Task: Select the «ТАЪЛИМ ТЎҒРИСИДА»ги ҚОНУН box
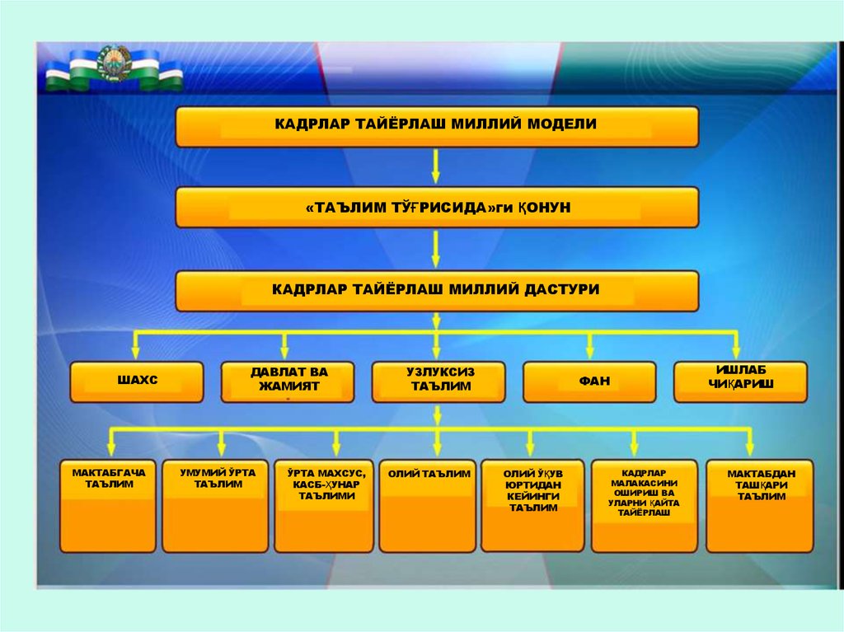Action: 437,208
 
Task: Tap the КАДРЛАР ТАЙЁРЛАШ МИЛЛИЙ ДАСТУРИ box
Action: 437,291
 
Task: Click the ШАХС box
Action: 137,382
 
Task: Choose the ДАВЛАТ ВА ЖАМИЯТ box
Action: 288,382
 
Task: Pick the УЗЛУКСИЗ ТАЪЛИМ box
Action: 438,382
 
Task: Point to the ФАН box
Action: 590,382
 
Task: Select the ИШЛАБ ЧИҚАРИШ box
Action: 740,382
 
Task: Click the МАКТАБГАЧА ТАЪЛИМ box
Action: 108,506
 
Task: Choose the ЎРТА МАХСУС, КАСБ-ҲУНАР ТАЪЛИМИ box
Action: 324,506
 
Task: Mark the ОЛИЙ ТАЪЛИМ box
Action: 429,506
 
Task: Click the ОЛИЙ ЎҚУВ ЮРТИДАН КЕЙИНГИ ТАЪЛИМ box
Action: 532,506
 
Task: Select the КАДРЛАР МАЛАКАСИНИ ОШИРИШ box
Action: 644,506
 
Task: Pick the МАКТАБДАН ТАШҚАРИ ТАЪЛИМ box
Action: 760,506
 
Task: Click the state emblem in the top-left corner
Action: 114,63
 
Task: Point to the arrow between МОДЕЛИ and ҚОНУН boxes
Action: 436,166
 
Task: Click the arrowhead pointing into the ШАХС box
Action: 137,353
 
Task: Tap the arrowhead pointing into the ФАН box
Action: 590,353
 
